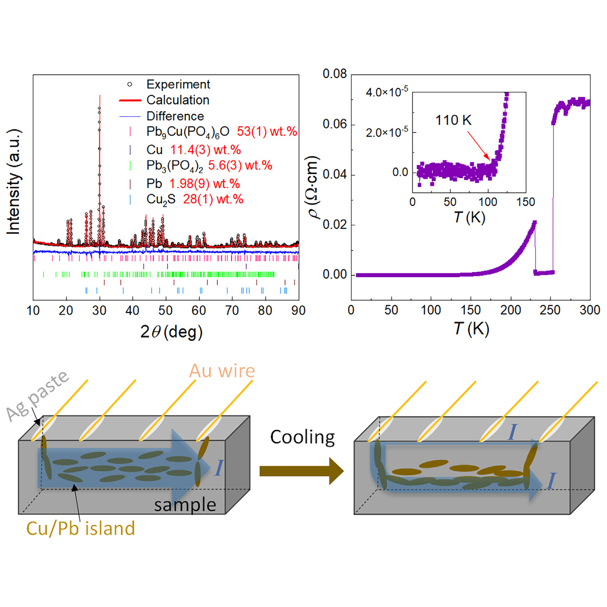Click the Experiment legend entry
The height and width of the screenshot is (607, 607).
coord(178,84)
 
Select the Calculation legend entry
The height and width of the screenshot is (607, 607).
coord(178,100)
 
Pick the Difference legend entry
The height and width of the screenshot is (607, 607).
coord(175,116)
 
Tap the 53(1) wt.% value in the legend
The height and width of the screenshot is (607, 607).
coord(267,131)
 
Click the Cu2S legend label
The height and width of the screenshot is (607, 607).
coord(161,199)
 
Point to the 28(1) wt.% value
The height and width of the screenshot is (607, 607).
coord(213,199)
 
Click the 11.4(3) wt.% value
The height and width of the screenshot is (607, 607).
coord(205,150)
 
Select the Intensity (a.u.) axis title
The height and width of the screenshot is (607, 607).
coord(14,182)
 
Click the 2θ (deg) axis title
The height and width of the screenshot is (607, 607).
coord(171,332)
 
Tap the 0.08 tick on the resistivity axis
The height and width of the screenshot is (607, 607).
coord(334,74)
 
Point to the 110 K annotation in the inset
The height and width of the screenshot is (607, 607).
coord(453,120)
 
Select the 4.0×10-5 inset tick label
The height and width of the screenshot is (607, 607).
coord(387,92)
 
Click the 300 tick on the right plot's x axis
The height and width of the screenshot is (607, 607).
coord(590,311)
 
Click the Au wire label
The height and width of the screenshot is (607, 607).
coord(222,371)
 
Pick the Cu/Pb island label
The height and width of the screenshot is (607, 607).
coord(81,528)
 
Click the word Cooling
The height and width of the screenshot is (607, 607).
coord(302,437)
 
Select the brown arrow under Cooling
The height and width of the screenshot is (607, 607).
coord(301,471)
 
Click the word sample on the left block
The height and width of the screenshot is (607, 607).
coord(185,505)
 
